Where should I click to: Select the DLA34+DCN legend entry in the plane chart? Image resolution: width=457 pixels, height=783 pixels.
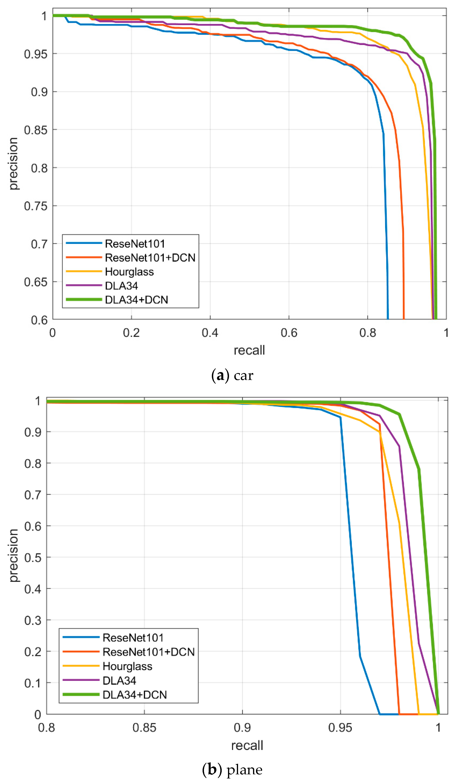[134, 695]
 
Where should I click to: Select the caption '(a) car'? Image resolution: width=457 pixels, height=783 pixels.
[232, 375]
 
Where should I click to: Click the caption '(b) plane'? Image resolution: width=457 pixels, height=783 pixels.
[232, 770]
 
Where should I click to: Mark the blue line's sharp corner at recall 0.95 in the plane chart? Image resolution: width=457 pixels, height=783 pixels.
[340, 417]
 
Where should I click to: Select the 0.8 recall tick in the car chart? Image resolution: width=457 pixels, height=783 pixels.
[368, 333]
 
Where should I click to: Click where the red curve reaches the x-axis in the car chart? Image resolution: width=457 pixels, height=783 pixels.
[404, 318]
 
